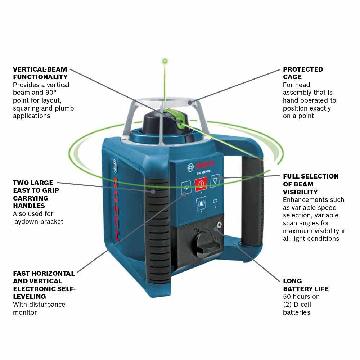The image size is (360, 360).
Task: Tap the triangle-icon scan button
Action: tap(215, 180)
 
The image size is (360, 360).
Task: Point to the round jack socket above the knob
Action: tap(217, 227)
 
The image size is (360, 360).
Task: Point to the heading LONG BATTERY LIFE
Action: tap(305, 285)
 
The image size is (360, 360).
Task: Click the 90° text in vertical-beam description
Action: tap(64, 93)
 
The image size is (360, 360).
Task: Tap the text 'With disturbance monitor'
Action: tap(39, 308)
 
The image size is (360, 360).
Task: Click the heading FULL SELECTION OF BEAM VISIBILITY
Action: tap(310, 184)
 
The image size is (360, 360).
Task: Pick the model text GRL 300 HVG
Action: tap(204, 173)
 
